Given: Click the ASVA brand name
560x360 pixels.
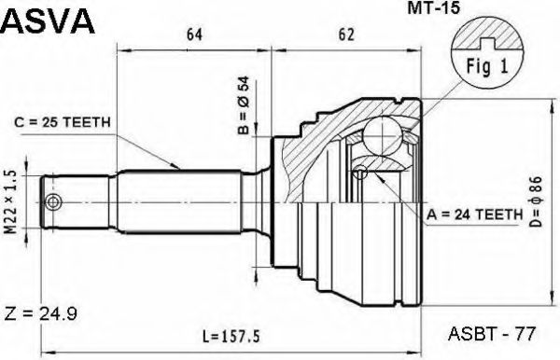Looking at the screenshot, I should tap(48, 21).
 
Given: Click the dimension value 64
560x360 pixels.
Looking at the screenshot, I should tap(194, 35).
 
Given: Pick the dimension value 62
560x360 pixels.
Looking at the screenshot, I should tap(346, 35).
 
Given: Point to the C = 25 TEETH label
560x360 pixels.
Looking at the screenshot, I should tap(63, 120).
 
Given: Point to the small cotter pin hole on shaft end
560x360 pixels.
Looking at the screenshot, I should tap(55, 202).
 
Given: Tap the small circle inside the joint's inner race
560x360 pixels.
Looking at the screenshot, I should tap(361, 172).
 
